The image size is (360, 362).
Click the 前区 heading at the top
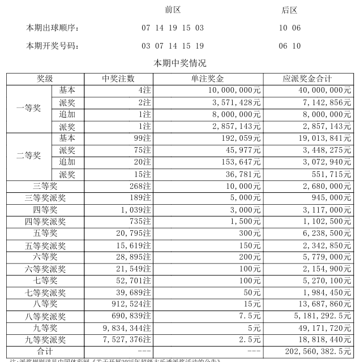click(173, 10)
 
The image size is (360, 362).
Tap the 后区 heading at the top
click(289, 10)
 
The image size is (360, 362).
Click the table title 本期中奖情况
click(179, 63)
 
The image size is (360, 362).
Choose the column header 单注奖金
click(208, 79)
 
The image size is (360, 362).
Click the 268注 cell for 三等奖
click(139, 186)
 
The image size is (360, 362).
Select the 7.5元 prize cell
click(248, 316)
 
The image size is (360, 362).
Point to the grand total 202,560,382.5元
click(315, 352)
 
